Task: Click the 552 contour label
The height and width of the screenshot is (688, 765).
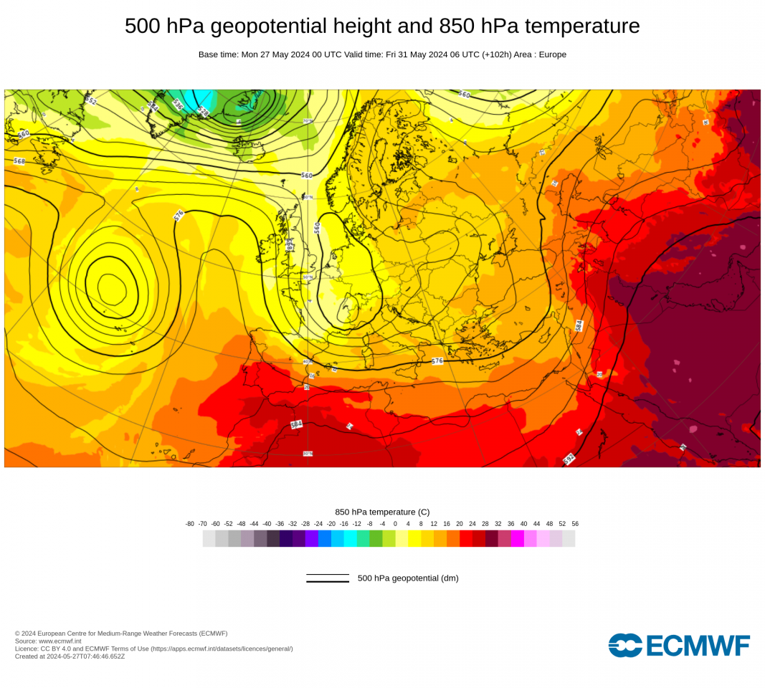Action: [91, 101]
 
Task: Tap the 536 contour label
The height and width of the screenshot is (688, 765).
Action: [178, 104]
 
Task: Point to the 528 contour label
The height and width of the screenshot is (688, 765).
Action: [203, 111]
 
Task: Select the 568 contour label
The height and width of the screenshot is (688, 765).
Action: [19, 161]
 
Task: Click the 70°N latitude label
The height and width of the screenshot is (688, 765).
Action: [308, 121]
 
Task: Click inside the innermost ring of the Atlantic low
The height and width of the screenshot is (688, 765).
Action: [111, 289]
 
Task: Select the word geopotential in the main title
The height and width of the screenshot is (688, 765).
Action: [265, 27]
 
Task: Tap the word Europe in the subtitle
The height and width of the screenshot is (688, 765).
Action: [552, 54]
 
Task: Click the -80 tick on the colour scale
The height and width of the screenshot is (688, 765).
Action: [190, 524]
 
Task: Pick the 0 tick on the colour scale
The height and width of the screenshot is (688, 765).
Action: [395, 524]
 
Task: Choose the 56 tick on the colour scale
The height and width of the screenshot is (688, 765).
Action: [575, 524]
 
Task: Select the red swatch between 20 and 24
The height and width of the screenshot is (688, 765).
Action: [466, 538]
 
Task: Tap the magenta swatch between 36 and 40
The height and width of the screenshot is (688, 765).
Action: [518, 538]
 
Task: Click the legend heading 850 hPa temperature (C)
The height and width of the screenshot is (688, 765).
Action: [382, 512]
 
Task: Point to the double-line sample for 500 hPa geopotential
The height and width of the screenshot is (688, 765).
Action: [328, 578]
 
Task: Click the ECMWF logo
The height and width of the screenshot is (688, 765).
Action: [679, 645]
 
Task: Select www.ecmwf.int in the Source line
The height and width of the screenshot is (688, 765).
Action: [60, 641]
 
